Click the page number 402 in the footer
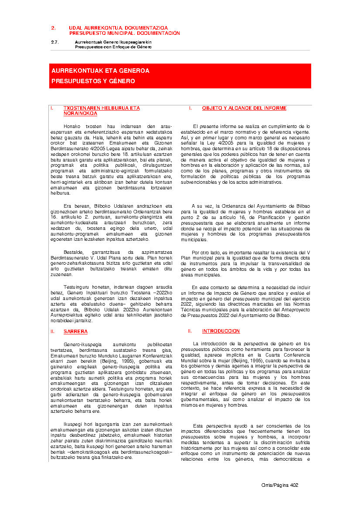click(294, 485)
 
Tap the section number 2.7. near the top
click(54, 42)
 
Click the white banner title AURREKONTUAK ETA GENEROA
click(100, 71)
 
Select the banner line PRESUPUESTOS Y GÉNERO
click(93, 81)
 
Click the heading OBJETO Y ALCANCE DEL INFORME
click(244, 108)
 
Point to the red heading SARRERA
click(75, 331)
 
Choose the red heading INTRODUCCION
click(221, 331)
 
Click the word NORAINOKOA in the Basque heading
click(80, 113)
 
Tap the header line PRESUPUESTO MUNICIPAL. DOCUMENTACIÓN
click(124, 33)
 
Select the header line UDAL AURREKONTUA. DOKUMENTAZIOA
click(118, 28)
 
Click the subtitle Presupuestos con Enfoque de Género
click(113, 47)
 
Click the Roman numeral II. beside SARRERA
click(53, 331)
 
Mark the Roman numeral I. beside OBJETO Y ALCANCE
click(190, 108)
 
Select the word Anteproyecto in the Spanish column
click(295, 310)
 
